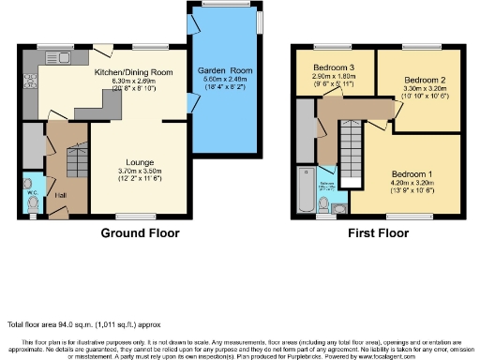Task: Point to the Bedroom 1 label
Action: pos(412,175)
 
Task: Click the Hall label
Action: pos(60,195)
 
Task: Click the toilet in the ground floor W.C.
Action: pos(33,199)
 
